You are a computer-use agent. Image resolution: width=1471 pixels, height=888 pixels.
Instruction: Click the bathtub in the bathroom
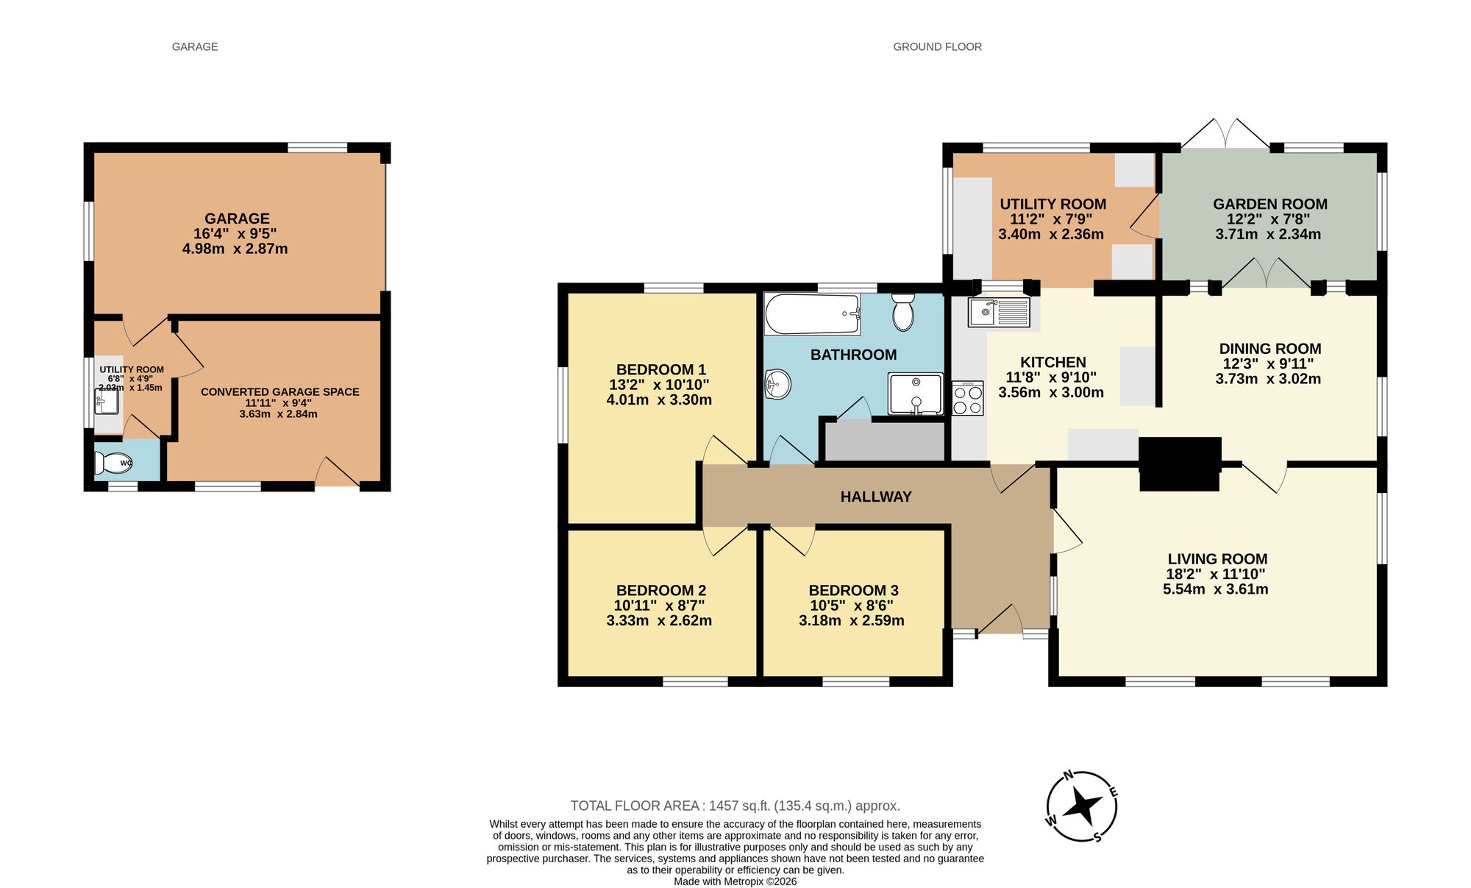[811, 314]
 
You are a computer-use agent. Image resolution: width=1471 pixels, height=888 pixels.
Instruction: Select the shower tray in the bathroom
[916, 394]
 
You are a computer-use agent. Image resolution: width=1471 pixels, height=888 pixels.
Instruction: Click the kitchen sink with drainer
[999, 312]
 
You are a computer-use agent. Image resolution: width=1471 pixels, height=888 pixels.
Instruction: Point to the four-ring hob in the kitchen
[968, 399]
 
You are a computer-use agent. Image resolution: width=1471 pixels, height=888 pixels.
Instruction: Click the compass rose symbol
[1082, 806]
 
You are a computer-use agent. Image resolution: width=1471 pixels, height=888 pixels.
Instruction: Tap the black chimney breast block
[1180, 463]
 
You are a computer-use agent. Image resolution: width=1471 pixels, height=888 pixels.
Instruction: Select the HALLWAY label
[876, 497]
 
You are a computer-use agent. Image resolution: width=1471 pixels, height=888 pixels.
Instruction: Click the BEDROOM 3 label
[853, 590]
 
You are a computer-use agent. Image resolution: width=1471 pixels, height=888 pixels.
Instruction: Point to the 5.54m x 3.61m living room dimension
[1215, 589]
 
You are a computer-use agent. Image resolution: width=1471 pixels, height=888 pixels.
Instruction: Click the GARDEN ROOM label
[1269, 204]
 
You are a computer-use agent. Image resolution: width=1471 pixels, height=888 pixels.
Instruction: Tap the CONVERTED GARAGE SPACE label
[279, 391]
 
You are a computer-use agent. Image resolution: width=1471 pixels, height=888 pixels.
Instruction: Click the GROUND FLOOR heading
[937, 46]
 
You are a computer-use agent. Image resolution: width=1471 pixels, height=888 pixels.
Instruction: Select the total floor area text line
[735, 806]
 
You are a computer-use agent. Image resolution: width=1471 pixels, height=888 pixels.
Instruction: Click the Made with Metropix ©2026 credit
[735, 881]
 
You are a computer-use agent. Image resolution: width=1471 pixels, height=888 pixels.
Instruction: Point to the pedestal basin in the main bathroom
[777, 383]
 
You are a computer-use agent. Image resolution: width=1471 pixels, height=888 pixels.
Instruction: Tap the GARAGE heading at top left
[195, 46]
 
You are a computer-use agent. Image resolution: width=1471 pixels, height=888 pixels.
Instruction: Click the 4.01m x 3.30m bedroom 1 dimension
[659, 400]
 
